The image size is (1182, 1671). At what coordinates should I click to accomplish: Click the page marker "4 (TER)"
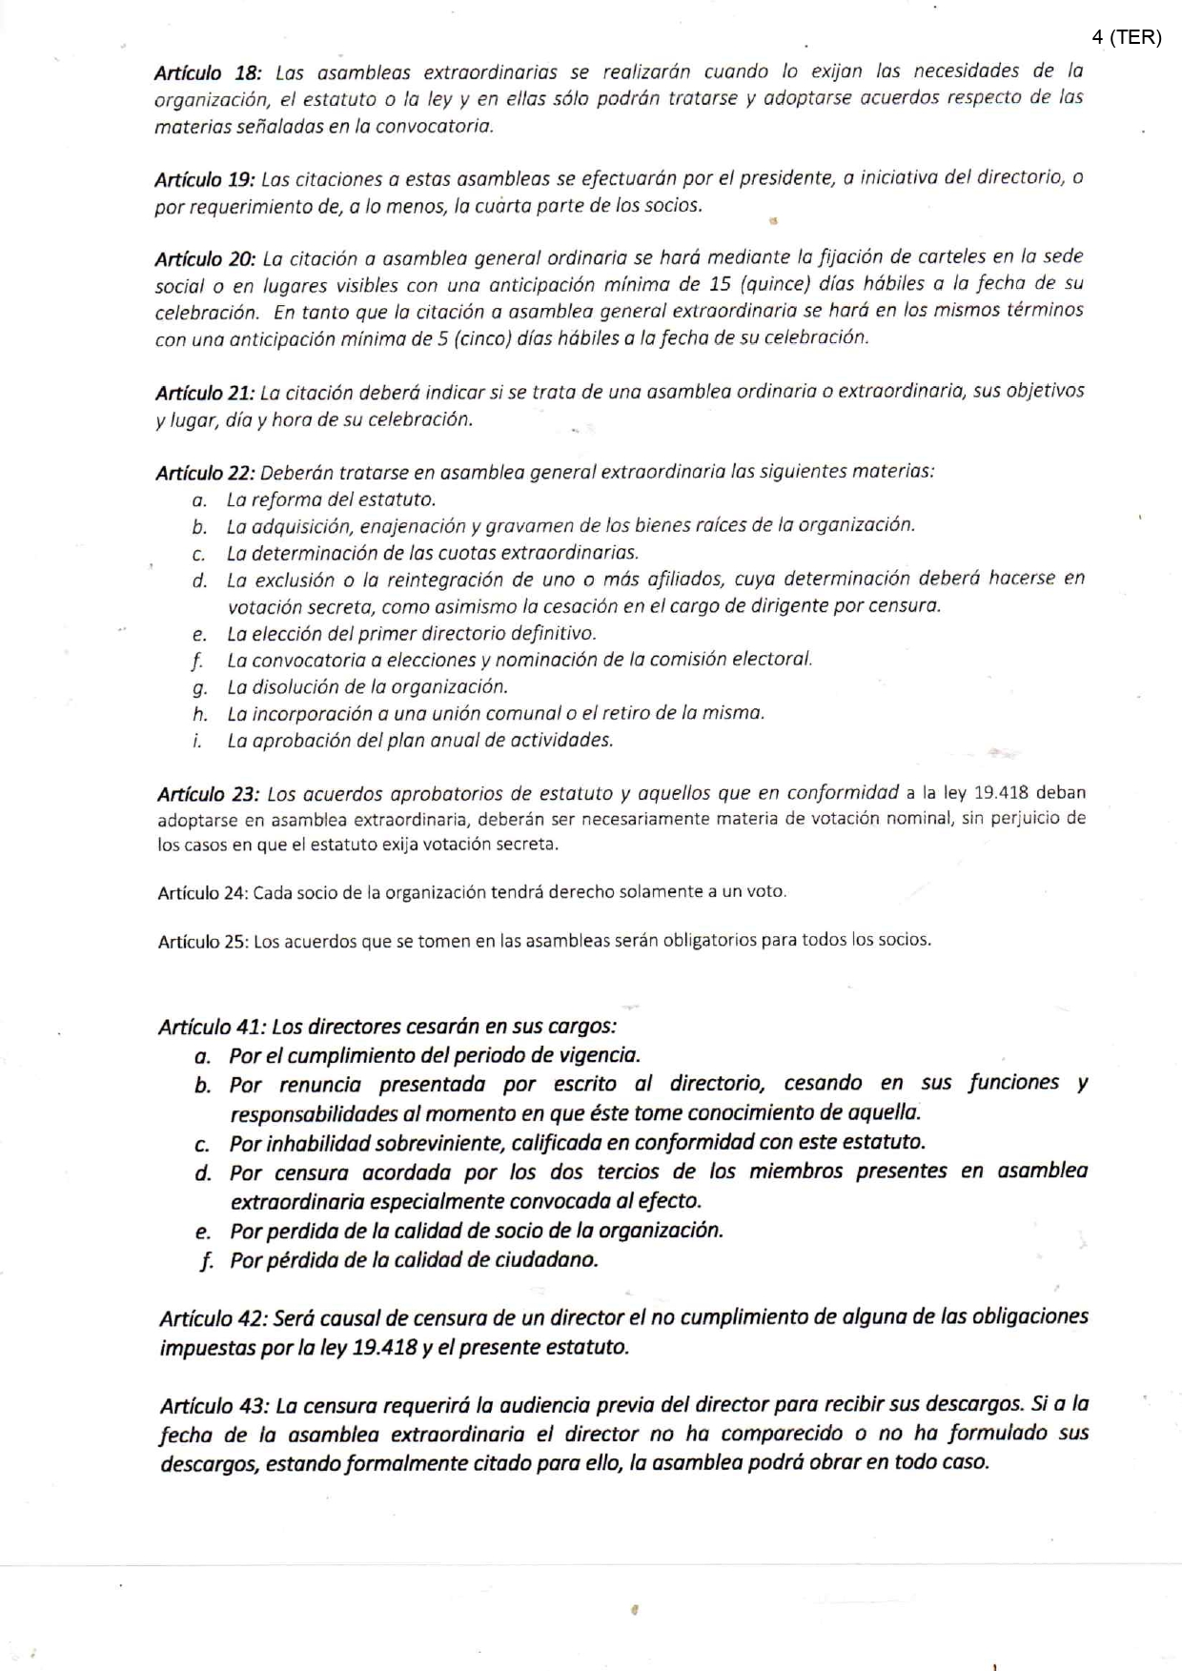[1127, 37]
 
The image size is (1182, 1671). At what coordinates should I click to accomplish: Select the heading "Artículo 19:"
[205, 179]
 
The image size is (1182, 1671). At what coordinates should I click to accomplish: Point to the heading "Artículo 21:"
[205, 393]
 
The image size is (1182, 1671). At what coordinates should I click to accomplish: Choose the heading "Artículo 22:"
[206, 473]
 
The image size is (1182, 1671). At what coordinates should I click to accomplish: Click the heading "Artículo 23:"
[208, 794]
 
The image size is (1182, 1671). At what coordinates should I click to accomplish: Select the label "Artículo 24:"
[203, 893]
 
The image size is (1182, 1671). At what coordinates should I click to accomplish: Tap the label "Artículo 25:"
[203, 942]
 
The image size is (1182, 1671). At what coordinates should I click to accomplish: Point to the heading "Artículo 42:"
[214, 1318]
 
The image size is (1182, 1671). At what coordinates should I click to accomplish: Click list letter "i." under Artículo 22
[197, 741]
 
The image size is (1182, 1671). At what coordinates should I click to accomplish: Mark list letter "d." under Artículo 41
[202, 1172]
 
